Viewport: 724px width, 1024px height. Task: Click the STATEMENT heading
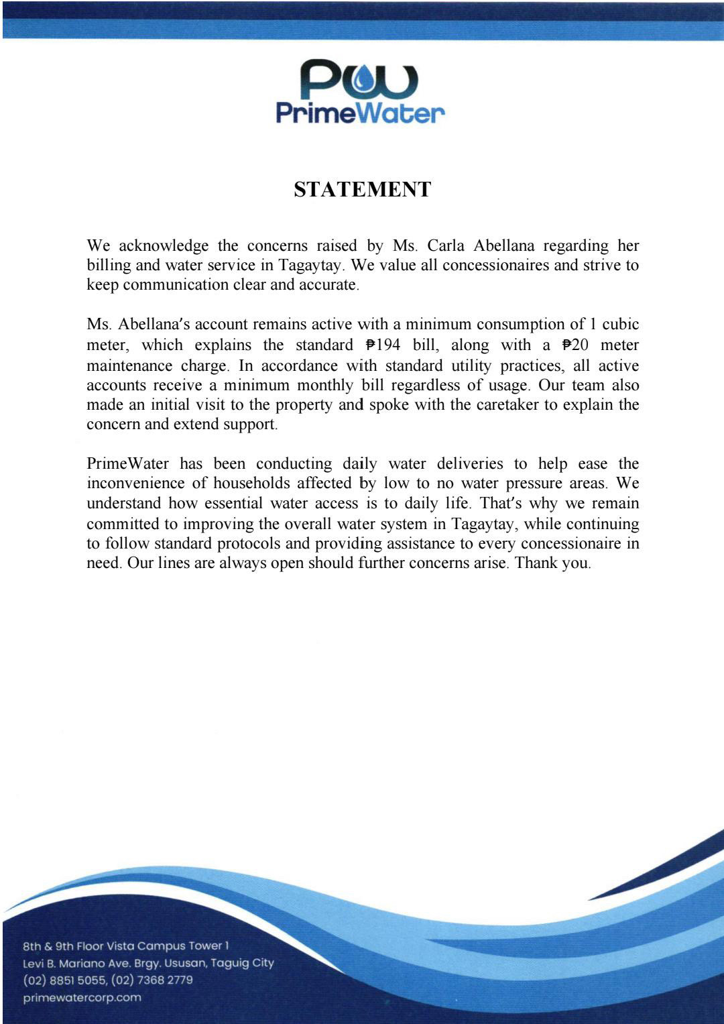pyautogui.click(x=362, y=190)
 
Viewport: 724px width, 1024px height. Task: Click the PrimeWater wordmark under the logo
pyautogui.click(x=361, y=113)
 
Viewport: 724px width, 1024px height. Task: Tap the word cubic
pyautogui.click(x=620, y=325)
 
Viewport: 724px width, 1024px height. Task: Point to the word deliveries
pyautogui.click(x=469, y=463)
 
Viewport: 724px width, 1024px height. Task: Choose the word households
pyautogui.click(x=251, y=483)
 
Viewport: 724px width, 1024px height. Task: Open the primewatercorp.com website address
pyautogui.click(x=82, y=997)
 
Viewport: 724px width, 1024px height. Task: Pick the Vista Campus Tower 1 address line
pyautogui.click(x=126, y=946)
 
